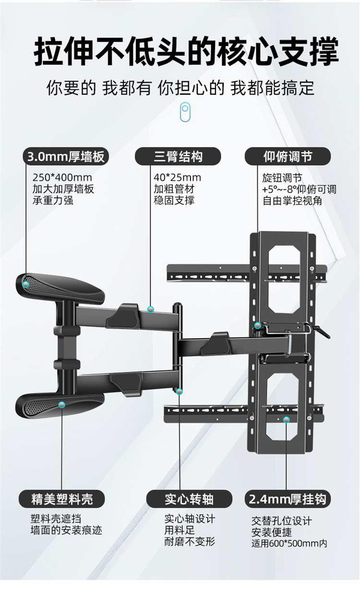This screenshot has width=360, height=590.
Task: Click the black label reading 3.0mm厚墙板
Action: [66, 157]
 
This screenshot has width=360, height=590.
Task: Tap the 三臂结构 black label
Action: [178, 157]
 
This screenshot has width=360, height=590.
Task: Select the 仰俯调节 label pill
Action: [288, 157]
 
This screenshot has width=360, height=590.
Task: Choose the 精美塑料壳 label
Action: [61, 499]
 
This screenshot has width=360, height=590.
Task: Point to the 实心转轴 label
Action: [189, 499]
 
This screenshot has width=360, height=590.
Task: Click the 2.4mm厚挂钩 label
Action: [288, 499]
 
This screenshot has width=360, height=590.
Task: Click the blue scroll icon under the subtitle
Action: [185, 112]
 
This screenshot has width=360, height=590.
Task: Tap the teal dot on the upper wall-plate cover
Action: [26, 284]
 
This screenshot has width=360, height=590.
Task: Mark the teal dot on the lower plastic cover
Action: [61, 405]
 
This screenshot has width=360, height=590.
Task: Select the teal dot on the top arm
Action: [150, 309]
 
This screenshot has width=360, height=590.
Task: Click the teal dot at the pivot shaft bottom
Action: [179, 391]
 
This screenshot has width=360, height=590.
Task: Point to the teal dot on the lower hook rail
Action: [286, 420]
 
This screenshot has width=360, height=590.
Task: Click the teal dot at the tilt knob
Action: [258, 325]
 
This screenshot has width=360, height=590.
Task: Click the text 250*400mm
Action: [62, 178]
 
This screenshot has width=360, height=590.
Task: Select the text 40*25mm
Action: [177, 178]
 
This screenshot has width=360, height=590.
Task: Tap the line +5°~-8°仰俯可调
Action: [299, 189]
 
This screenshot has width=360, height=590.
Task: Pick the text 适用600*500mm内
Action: [289, 543]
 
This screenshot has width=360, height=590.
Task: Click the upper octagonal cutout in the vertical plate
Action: [284, 279]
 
